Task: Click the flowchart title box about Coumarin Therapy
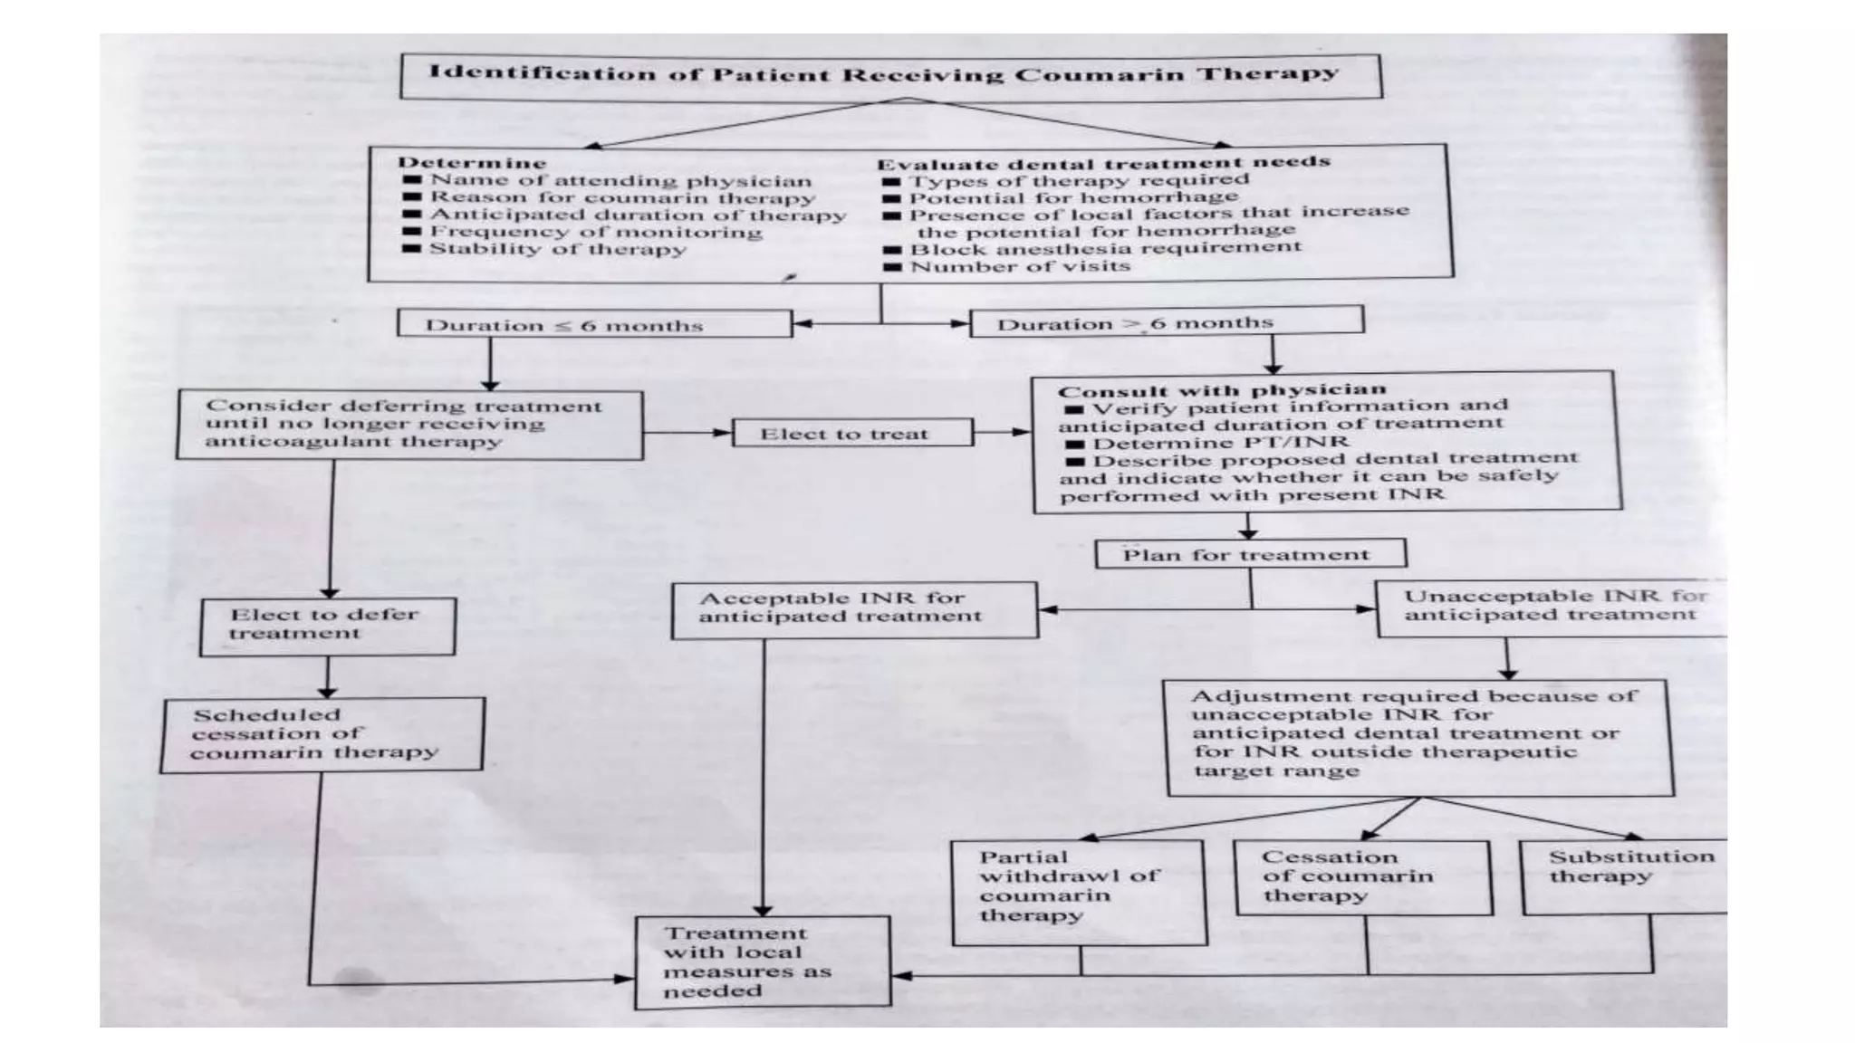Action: point(890,75)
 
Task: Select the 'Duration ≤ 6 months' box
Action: point(593,324)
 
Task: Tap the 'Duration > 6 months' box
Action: point(1166,321)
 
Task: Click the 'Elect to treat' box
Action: point(851,433)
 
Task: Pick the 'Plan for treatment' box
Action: point(1250,554)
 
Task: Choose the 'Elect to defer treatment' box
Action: point(327,626)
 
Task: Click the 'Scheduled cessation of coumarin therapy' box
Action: point(322,734)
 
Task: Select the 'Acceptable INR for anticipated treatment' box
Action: point(854,609)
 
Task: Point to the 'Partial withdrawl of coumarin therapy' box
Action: point(1078,892)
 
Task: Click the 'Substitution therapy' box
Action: point(1624,876)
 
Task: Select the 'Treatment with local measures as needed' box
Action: point(762,962)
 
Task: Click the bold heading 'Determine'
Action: point(472,163)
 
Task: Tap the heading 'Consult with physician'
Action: point(1221,390)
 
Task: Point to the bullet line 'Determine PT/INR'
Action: point(1218,443)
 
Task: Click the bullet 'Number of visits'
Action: point(1019,267)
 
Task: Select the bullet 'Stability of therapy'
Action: point(556,249)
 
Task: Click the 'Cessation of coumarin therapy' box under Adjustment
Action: point(1361,877)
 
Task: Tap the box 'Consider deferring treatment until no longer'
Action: point(409,425)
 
